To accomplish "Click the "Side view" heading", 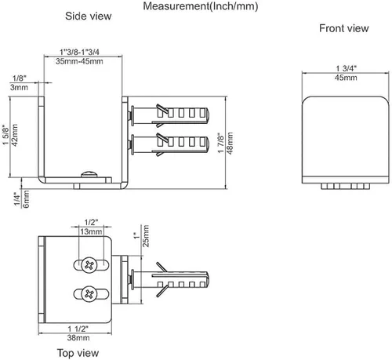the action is pyautogui.click(x=89, y=16).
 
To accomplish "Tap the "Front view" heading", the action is pyautogui.click(x=344, y=28).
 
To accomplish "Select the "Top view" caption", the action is pyautogui.click(x=78, y=353).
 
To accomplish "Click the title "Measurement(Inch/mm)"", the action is pyautogui.click(x=201, y=6).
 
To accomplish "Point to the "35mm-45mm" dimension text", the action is pyautogui.click(x=79, y=61).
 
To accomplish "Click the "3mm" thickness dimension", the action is pyautogui.click(x=19, y=87).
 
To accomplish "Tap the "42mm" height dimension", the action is pyautogui.click(x=14, y=135).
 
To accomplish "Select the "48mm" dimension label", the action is pyautogui.click(x=230, y=143).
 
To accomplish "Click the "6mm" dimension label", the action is pyautogui.click(x=26, y=199).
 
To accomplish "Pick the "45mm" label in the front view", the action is pyautogui.click(x=346, y=78).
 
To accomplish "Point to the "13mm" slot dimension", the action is pyautogui.click(x=91, y=231).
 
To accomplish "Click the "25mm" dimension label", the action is pyautogui.click(x=146, y=236).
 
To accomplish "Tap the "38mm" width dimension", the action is pyautogui.click(x=78, y=338).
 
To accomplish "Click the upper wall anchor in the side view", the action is pyautogui.click(x=169, y=115).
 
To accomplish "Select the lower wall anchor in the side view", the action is pyautogui.click(x=169, y=144).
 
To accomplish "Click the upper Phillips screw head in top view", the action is pyautogui.click(x=89, y=265).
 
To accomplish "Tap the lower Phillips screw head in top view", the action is pyautogui.click(x=89, y=294).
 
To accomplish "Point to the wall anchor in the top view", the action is pyautogui.click(x=169, y=280).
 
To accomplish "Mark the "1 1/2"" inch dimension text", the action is pyautogui.click(x=78, y=329).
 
